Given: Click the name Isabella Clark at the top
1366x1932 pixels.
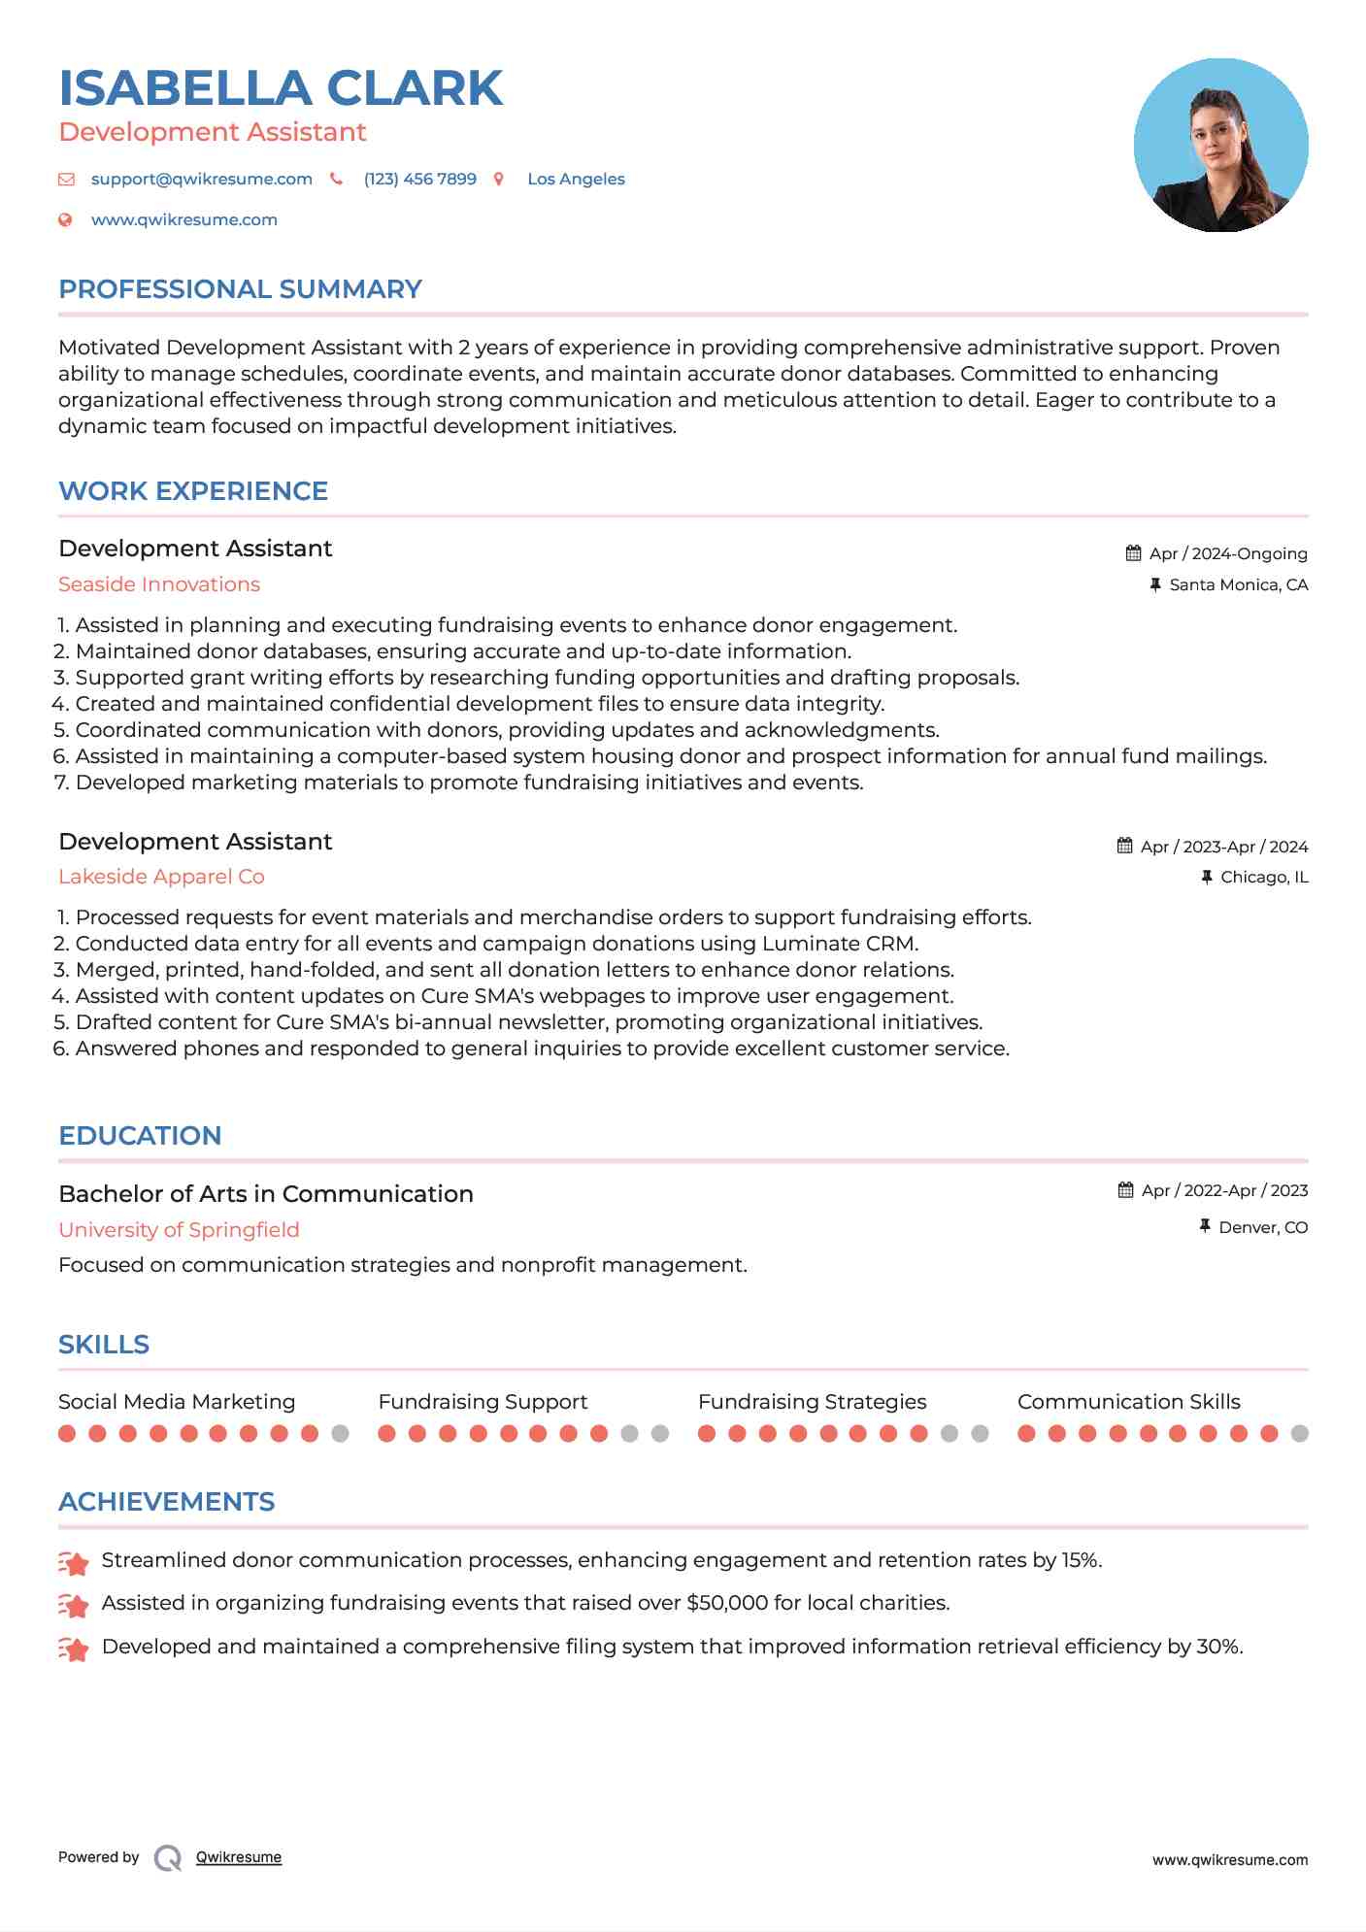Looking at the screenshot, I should click(281, 88).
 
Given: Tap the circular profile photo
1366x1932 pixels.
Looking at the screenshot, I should click(1220, 146).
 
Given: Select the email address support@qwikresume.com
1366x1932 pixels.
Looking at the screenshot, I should click(201, 180).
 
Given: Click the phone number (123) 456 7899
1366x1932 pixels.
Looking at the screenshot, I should click(419, 180).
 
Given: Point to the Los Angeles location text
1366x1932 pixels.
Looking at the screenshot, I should click(576, 180).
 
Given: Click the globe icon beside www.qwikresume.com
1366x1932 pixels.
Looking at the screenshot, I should click(66, 220).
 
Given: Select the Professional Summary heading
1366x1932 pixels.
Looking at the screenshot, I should click(240, 289).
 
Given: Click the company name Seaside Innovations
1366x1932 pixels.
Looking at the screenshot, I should click(159, 584).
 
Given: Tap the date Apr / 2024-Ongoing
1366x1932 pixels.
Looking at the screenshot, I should click(1227, 553).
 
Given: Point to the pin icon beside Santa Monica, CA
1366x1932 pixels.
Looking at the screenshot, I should click(1155, 584).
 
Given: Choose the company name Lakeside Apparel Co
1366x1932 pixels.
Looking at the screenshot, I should click(161, 877).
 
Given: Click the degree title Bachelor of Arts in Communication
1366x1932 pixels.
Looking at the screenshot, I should click(266, 1194).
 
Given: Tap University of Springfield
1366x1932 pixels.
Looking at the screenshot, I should click(179, 1230).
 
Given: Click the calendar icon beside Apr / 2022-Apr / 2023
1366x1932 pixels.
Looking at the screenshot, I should click(1125, 1190).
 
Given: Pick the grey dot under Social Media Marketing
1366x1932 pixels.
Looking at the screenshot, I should click(340, 1434).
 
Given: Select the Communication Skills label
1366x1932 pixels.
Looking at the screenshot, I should click(1128, 1402).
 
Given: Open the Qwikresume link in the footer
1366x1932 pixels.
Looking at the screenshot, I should click(239, 1857).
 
